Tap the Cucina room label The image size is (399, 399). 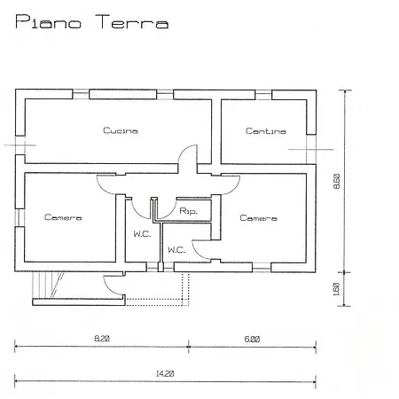(120, 131)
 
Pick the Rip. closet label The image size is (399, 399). (188, 211)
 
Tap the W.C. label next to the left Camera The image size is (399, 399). (142, 234)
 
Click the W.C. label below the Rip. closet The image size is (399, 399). (176, 250)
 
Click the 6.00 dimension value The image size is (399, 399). (253, 339)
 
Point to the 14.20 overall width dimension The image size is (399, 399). (163, 374)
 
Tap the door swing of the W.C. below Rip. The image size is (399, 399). (202, 249)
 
